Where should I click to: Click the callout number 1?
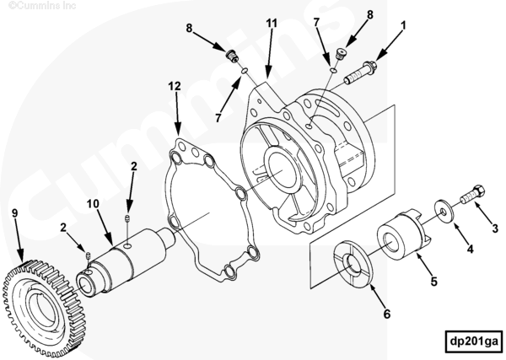[x=403, y=25]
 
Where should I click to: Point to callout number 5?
[x=434, y=282]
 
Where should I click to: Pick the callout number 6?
[x=386, y=314]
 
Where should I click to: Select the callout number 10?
[x=92, y=204]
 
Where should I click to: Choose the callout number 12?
[x=174, y=86]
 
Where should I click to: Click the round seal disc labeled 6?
[x=354, y=263]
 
